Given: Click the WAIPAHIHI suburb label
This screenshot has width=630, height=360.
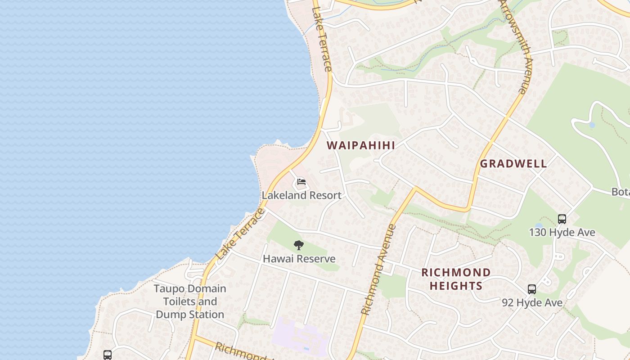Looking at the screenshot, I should pyautogui.click(x=361, y=145).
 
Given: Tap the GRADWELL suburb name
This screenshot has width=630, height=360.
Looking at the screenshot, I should pyautogui.click(x=513, y=164).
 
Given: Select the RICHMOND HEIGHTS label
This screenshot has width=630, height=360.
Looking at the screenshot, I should pyautogui.click(x=456, y=279).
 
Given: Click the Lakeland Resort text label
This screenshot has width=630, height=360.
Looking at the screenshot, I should pyautogui.click(x=301, y=195).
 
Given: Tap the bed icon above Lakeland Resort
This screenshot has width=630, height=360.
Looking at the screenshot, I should pyautogui.click(x=301, y=182).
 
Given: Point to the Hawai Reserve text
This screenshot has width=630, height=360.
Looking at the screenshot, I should pyautogui.click(x=299, y=259).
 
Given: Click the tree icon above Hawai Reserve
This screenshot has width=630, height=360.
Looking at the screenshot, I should pyautogui.click(x=299, y=245).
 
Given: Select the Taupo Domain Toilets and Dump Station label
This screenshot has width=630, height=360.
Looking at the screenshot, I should pyautogui.click(x=189, y=301).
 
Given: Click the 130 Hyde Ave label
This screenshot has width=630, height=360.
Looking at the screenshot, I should pyautogui.click(x=562, y=233).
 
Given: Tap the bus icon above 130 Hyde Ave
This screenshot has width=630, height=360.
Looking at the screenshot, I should pyautogui.click(x=562, y=219).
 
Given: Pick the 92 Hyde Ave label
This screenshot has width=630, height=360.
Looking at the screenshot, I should pyautogui.click(x=532, y=303).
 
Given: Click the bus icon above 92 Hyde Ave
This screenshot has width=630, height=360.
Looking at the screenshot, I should pyautogui.click(x=532, y=289).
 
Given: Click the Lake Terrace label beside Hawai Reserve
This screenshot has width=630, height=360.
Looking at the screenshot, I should pyautogui.click(x=240, y=234).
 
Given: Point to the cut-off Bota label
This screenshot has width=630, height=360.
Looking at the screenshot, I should pyautogui.click(x=620, y=192).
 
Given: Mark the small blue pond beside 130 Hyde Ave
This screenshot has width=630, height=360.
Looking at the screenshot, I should pyautogui.click(x=539, y=226).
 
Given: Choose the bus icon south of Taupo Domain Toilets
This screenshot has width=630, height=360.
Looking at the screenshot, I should pyautogui.click(x=108, y=355).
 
